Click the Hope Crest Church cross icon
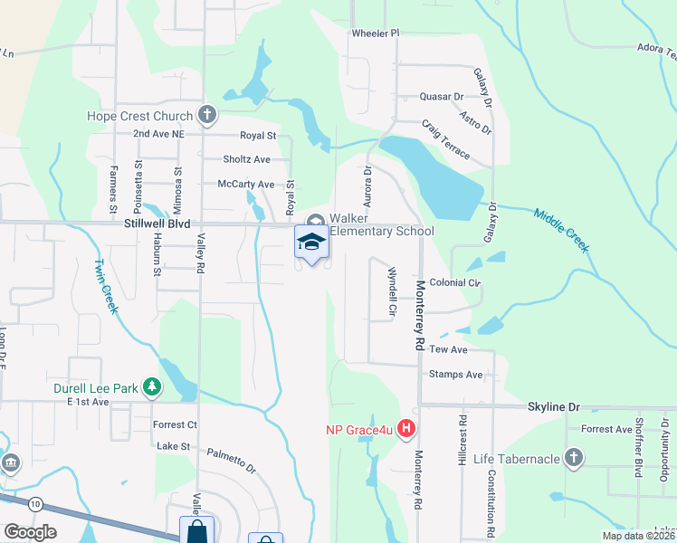pyautogui.click(x=207, y=115)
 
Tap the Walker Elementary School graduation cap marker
pyautogui.click(x=311, y=242)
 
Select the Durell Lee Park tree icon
pyautogui.click(x=153, y=389)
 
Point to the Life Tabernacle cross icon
pyautogui.click(x=573, y=459)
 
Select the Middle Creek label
pyautogui.click(x=561, y=231)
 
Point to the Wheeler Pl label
pyautogui.click(x=375, y=33)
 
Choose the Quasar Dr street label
pyautogui.click(x=441, y=96)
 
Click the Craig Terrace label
pyautogui.click(x=445, y=141)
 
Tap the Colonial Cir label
pyautogui.click(x=454, y=282)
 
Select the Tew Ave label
pyautogui.click(x=448, y=349)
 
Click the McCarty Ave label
pyautogui.click(x=246, y=184)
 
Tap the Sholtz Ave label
pyautogui.click(x=246, y=159)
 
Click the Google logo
pyautogui.click(x=30, y=532)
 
